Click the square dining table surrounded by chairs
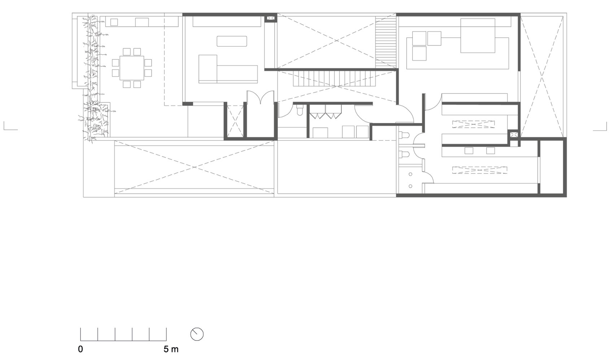[132, 68]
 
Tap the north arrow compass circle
[197, 334]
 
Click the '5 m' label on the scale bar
[171, 349]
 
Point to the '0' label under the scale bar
[80, 349]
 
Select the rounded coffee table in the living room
[232, 41]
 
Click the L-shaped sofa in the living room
[228, 69]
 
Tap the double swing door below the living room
[261, 97]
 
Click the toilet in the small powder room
[300, 110]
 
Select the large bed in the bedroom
[477, 35]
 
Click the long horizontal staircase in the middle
[333, 79]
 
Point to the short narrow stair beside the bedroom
[385, 42]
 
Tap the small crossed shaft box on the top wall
[271, 18]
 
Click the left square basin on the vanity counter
[469, 150]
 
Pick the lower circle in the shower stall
[410, 186]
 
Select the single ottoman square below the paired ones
[419, 53]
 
